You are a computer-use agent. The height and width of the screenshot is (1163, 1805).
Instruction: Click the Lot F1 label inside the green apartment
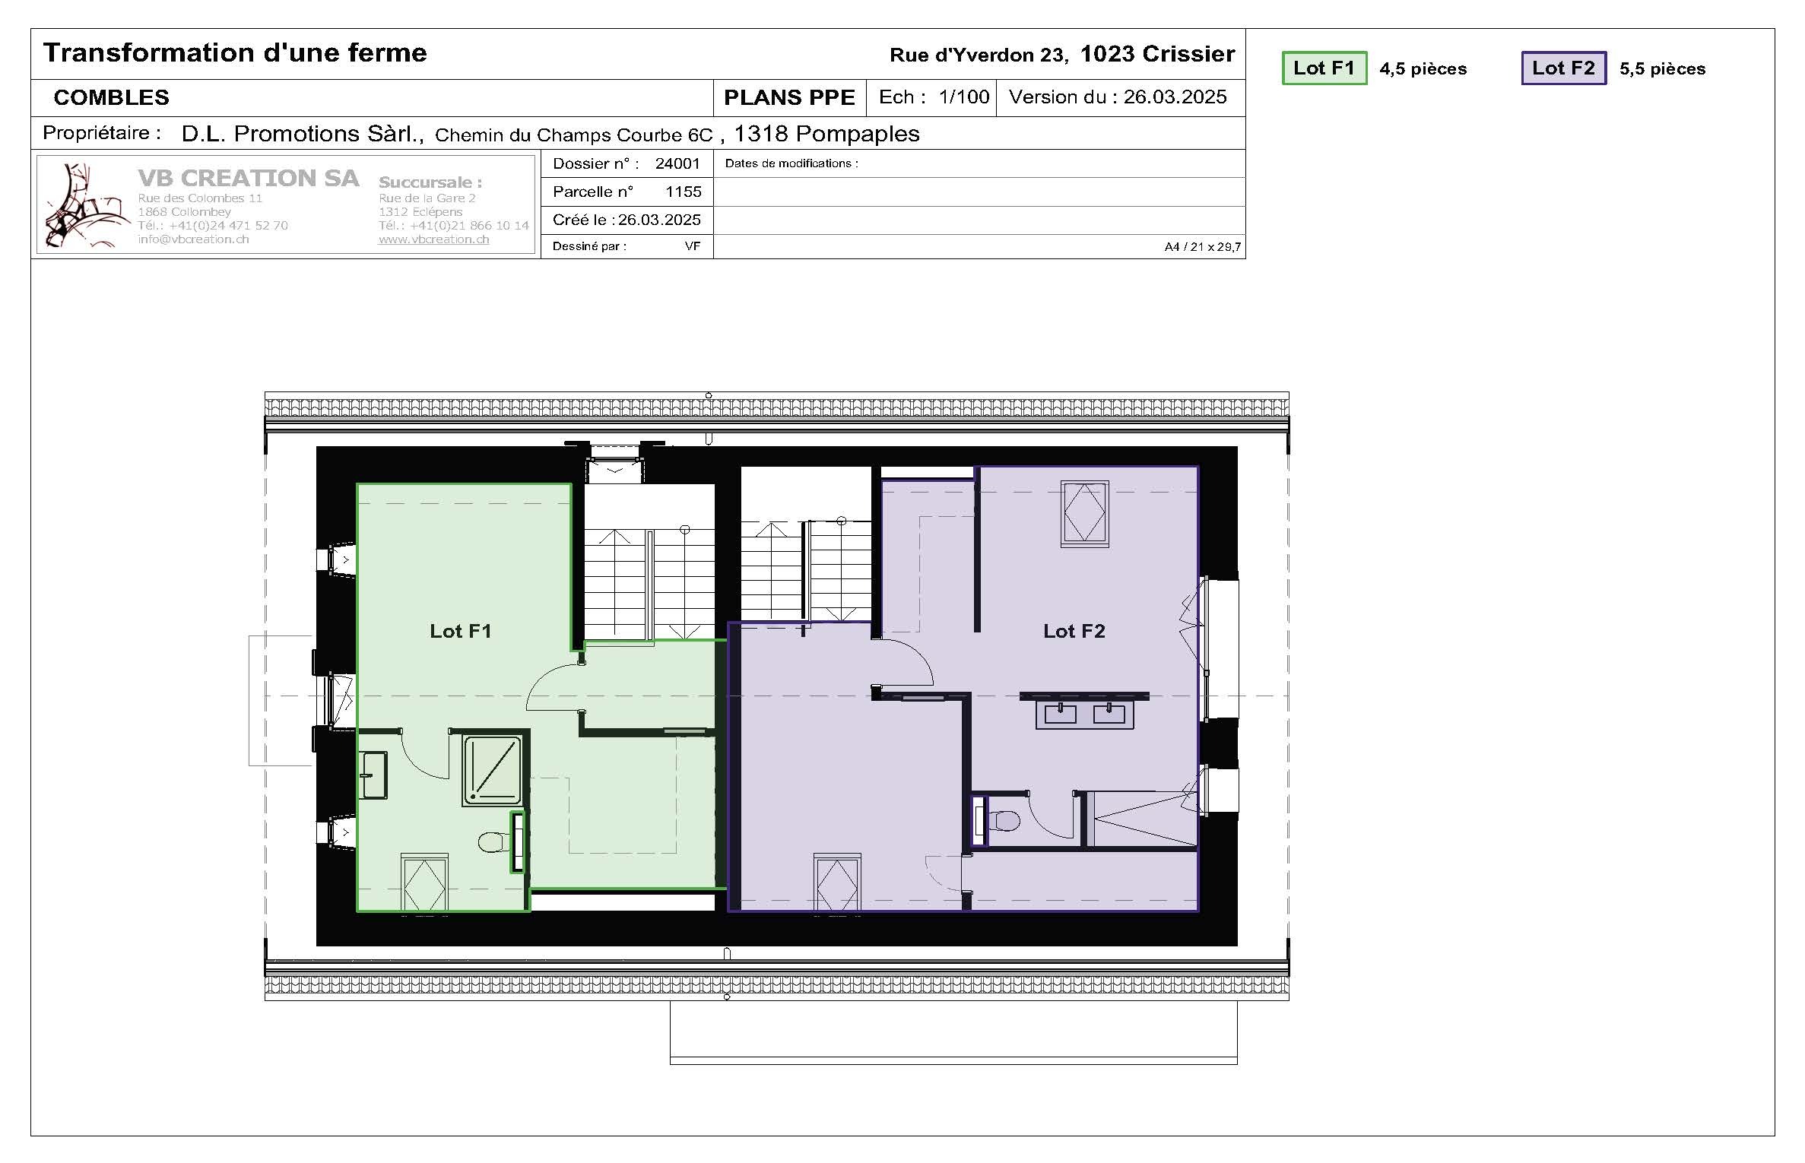(460, 631)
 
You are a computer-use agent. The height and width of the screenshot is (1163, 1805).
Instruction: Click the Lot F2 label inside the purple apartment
(1074, 631)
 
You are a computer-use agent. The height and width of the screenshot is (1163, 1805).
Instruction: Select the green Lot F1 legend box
(1324, 68)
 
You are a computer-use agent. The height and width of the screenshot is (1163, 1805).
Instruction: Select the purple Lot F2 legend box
(1563, 68)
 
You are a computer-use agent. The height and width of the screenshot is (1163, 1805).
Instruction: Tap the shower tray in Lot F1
(493, 770)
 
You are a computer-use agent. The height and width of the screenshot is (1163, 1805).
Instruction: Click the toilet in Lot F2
(1004, 821)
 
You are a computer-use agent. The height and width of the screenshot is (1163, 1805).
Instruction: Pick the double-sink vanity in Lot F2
(1084, 715)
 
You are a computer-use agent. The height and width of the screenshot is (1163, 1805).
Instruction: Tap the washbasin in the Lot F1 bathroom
(373, 775)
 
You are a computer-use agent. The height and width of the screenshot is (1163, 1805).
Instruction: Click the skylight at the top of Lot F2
(1084, 513)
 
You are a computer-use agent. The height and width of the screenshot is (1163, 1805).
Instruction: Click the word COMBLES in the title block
(112, 97)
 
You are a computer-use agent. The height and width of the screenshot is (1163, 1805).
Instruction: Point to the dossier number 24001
(677, 163)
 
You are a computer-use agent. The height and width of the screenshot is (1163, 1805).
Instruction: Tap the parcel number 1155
(683, 192)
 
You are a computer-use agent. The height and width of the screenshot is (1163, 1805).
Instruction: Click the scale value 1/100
(963, 97)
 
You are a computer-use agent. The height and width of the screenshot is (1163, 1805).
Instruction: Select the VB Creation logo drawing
(82, 205)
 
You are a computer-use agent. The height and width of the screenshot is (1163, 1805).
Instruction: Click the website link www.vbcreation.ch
(433, 239)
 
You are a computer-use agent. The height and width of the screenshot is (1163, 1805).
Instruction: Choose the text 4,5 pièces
(1423, 69)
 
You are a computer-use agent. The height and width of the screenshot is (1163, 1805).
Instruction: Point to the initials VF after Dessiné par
(692, 246)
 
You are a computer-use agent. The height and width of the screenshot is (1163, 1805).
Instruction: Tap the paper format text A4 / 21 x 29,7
(1202, 247)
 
